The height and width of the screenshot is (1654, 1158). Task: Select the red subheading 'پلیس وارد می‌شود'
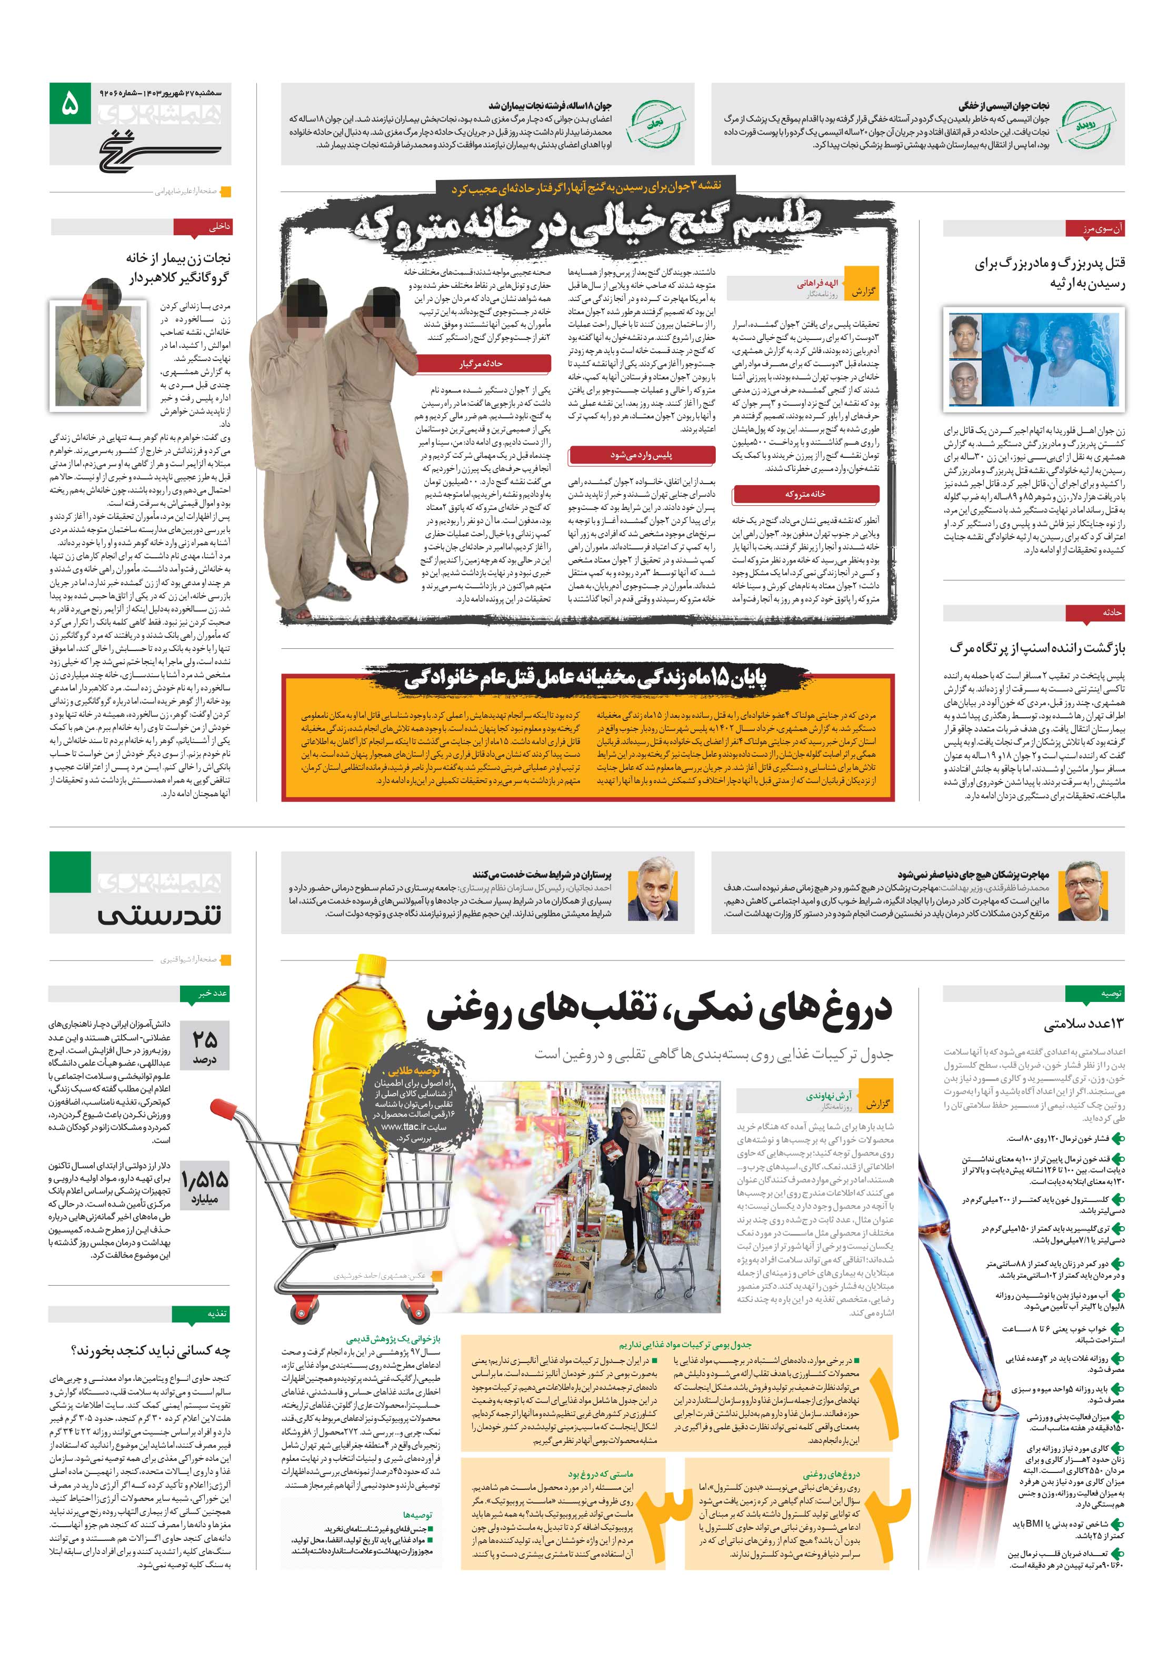coord(641,455)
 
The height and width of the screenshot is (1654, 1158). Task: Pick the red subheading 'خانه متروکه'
coord(805,494)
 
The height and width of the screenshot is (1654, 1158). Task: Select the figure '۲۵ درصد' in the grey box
coord(205,1046)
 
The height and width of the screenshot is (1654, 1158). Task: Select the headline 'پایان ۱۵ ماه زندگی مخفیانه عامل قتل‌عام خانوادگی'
coord(585,679)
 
